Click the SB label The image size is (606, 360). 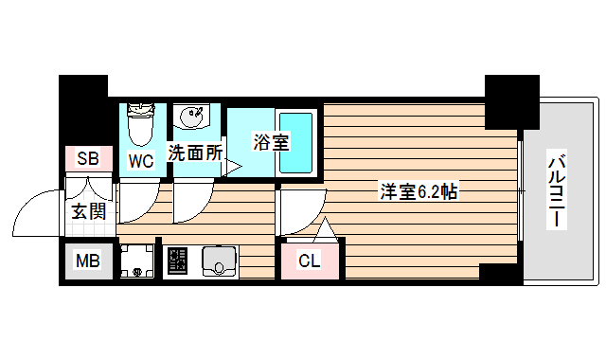pos(88,159)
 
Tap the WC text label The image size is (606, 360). pos(141,160)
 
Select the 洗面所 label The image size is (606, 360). pos(195,152)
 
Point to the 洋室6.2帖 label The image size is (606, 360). pos(419,190)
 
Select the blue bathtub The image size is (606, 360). pos(299,141)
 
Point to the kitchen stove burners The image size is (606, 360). pos(178,261)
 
